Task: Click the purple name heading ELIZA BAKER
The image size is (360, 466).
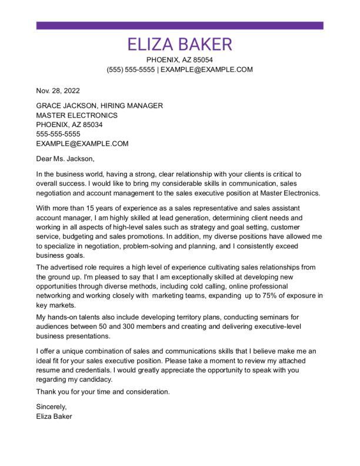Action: coord(179,45)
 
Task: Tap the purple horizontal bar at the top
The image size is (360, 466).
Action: coord(179,26)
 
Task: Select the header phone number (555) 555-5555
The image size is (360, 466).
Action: coord(131,69)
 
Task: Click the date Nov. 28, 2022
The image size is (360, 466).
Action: coord(58,91)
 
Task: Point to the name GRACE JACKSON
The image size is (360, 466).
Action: coord(63,106)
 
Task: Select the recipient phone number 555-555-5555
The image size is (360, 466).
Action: coord(58,134)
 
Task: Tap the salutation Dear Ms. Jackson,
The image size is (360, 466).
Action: coord(65,158)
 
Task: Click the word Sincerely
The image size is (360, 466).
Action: coord(52,407)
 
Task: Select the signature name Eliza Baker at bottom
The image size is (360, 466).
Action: coord(54,416)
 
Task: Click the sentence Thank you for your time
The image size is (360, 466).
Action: coord(102,391)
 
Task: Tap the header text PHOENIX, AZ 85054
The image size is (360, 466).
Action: coord(179,60)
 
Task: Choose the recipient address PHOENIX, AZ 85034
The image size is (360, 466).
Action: coord(69,125)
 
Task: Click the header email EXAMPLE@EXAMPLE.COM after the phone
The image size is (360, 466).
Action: coord(206,69)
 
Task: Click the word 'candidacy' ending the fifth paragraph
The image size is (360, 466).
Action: coord(95,380)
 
